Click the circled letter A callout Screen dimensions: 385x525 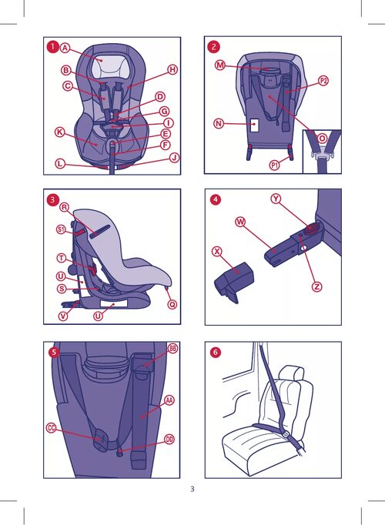pos(65,48)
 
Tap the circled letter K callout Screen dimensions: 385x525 pos(59,132)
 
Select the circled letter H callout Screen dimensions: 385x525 pos(172,69)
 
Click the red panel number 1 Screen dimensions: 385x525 pos(52,47)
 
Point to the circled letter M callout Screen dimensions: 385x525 pos(220,65)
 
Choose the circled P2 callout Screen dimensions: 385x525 pos(323,81)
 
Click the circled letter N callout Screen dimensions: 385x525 pos(219,124)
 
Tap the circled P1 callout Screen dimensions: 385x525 pos(275,165)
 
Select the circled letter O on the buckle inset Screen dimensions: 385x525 pos(322,139)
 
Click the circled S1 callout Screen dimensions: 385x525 pos(61,229)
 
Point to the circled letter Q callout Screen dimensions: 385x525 pos(172,304)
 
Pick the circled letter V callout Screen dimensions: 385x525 pos(63,316)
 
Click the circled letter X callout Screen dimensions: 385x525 pos(217,251)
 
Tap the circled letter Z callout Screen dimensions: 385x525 pos(316,287)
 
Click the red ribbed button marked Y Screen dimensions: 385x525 pos(313,228)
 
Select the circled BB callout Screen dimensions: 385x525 pos(172,348)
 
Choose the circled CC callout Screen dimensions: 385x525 pos(52,428)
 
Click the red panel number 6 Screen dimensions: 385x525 pos(216,353)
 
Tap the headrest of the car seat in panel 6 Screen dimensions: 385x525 pos(291,373)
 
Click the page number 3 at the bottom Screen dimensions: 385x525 pos(192,489)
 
